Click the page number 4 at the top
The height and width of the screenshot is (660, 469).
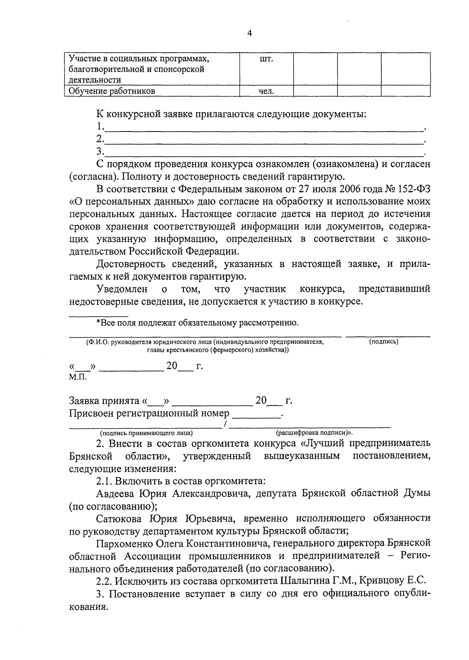click(250, 33)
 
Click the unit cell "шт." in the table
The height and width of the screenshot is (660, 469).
click(266, 59)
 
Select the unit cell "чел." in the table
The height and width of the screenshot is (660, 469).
click(266, 91)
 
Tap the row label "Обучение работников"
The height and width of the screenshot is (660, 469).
click(112, 91)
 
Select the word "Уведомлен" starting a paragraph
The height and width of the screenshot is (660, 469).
click(122, 289)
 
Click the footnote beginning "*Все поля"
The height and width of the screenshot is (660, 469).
click(197, 323)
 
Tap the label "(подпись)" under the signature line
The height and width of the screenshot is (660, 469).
click(383, 342)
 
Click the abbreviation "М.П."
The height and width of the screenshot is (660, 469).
click(78, 377)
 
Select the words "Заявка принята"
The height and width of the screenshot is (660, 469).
click(104, 401)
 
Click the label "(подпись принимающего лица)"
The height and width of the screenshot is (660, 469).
click(146, 433)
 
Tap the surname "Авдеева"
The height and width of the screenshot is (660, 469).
click(116, 494)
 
